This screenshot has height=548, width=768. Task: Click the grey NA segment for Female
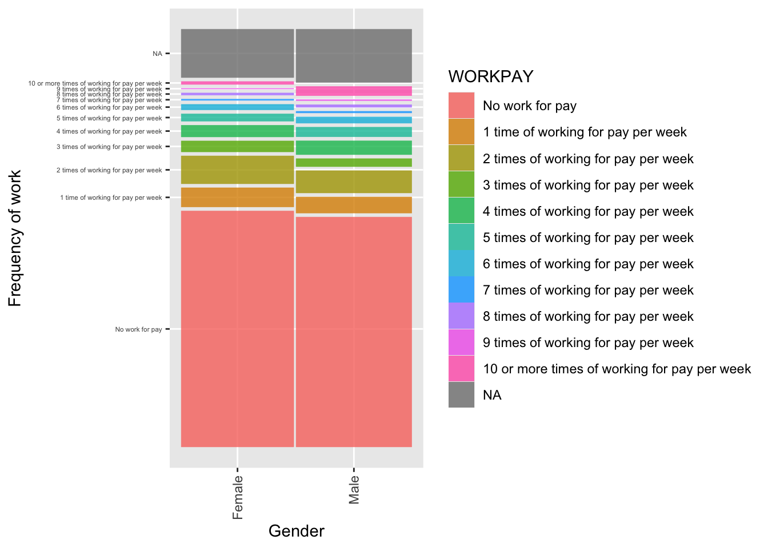tap(237, 53)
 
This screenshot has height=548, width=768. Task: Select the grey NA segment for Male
tap(354, 55)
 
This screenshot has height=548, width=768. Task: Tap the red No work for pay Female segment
tap(237, 328)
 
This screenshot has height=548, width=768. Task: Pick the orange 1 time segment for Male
tap(354, 205)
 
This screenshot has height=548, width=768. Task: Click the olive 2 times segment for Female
tap(237, 170)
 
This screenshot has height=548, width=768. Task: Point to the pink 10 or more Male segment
tap(354, 91)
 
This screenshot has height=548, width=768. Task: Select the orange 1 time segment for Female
tap(237, 198)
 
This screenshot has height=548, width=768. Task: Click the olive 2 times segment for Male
tap(354, 182)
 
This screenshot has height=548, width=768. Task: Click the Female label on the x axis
tap(238, 497)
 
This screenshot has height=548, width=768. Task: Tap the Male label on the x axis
tap(354, 490)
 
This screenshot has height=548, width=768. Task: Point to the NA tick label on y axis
tap(157, 54)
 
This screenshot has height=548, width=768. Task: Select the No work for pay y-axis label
tap(138, 329)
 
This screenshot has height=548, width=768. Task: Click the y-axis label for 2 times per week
tap(109, 170)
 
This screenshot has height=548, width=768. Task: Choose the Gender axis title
tap(296, 531)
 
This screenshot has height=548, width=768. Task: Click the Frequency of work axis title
tap(15, 238)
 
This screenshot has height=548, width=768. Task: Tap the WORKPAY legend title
tap(490, 76)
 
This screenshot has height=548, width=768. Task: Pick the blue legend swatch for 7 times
tap(461, 289)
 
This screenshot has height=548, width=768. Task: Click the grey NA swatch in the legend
tap(461, 394)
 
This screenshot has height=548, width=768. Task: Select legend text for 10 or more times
tap(617, 369)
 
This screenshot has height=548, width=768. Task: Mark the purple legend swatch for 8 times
tap(461, 316)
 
